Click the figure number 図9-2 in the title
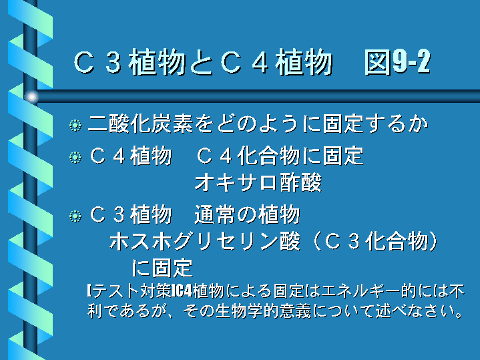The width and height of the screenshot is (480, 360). click(x=397, y=62)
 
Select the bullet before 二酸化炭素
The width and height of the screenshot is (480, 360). click(x=75, y=125)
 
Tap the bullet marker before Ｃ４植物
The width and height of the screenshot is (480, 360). click(x=75, y=157)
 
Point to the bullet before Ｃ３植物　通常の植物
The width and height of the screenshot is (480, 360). click(x=75, y=216)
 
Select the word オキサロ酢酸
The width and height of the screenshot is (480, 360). click(x=258, y=182)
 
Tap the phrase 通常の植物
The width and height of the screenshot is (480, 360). click(x=247, y=214)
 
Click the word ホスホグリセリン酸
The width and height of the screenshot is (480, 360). click(x=205, y=241)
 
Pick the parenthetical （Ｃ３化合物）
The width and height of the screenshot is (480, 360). click(x=376, y=241)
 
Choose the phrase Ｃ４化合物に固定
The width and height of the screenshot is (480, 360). click(x=280, y=156)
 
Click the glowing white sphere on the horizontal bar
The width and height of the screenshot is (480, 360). click(x=31, y=96)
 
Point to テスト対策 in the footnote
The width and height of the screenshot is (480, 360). click(x=132, y=291)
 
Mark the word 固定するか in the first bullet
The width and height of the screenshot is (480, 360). click(x=376, y=124)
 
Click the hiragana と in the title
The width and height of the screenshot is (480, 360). click(x=202, y=63)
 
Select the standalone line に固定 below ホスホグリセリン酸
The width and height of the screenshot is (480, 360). click(x=162, y=267)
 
